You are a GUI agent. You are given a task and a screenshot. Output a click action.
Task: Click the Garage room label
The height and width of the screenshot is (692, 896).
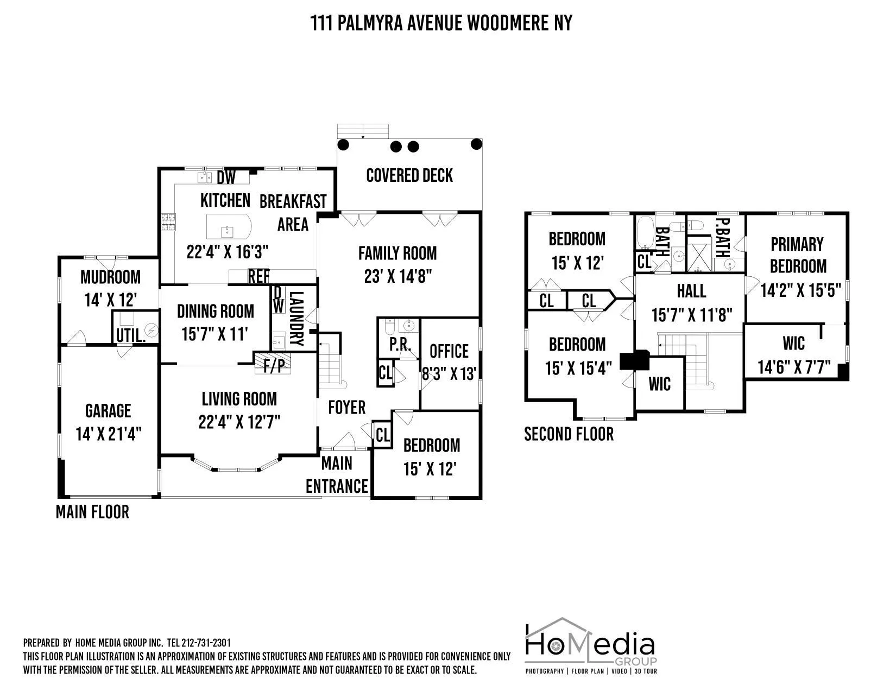click(108, 411)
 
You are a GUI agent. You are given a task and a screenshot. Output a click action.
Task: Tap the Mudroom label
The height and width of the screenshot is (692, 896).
click(110, 277)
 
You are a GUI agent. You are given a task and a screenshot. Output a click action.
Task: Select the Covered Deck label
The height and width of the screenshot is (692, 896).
click(409, 175)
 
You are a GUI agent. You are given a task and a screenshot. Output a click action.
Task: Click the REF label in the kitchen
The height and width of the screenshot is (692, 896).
click(258, 276)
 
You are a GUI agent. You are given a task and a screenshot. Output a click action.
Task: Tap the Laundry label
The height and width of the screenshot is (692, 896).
click(296, 319)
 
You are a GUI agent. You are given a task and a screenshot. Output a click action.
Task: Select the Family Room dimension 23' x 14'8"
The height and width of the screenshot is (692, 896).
click(397, 277)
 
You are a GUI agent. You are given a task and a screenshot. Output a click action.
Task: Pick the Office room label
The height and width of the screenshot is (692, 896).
click(449, 351)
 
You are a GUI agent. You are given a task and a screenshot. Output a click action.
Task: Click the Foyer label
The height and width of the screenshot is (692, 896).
click(347, 407)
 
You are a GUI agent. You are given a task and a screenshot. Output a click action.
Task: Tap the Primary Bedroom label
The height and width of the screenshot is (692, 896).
click(797, 255)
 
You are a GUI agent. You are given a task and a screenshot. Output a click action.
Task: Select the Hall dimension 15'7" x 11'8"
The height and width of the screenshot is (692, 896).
click(692, 314)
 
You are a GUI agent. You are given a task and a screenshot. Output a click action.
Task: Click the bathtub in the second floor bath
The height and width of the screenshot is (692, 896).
click(645, 232)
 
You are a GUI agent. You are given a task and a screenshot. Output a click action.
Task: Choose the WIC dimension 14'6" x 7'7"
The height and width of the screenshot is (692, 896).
click(794, 367)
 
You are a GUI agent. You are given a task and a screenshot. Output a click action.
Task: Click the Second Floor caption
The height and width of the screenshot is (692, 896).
click(569, 434)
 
